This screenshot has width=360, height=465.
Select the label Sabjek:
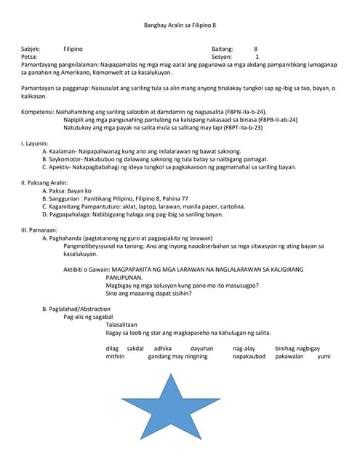31,49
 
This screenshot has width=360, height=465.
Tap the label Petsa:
29,57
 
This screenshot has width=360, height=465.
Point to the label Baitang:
223,49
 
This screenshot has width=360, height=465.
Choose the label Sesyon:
222,57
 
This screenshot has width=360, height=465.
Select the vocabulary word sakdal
135,349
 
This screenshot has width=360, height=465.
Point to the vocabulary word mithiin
115,357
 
